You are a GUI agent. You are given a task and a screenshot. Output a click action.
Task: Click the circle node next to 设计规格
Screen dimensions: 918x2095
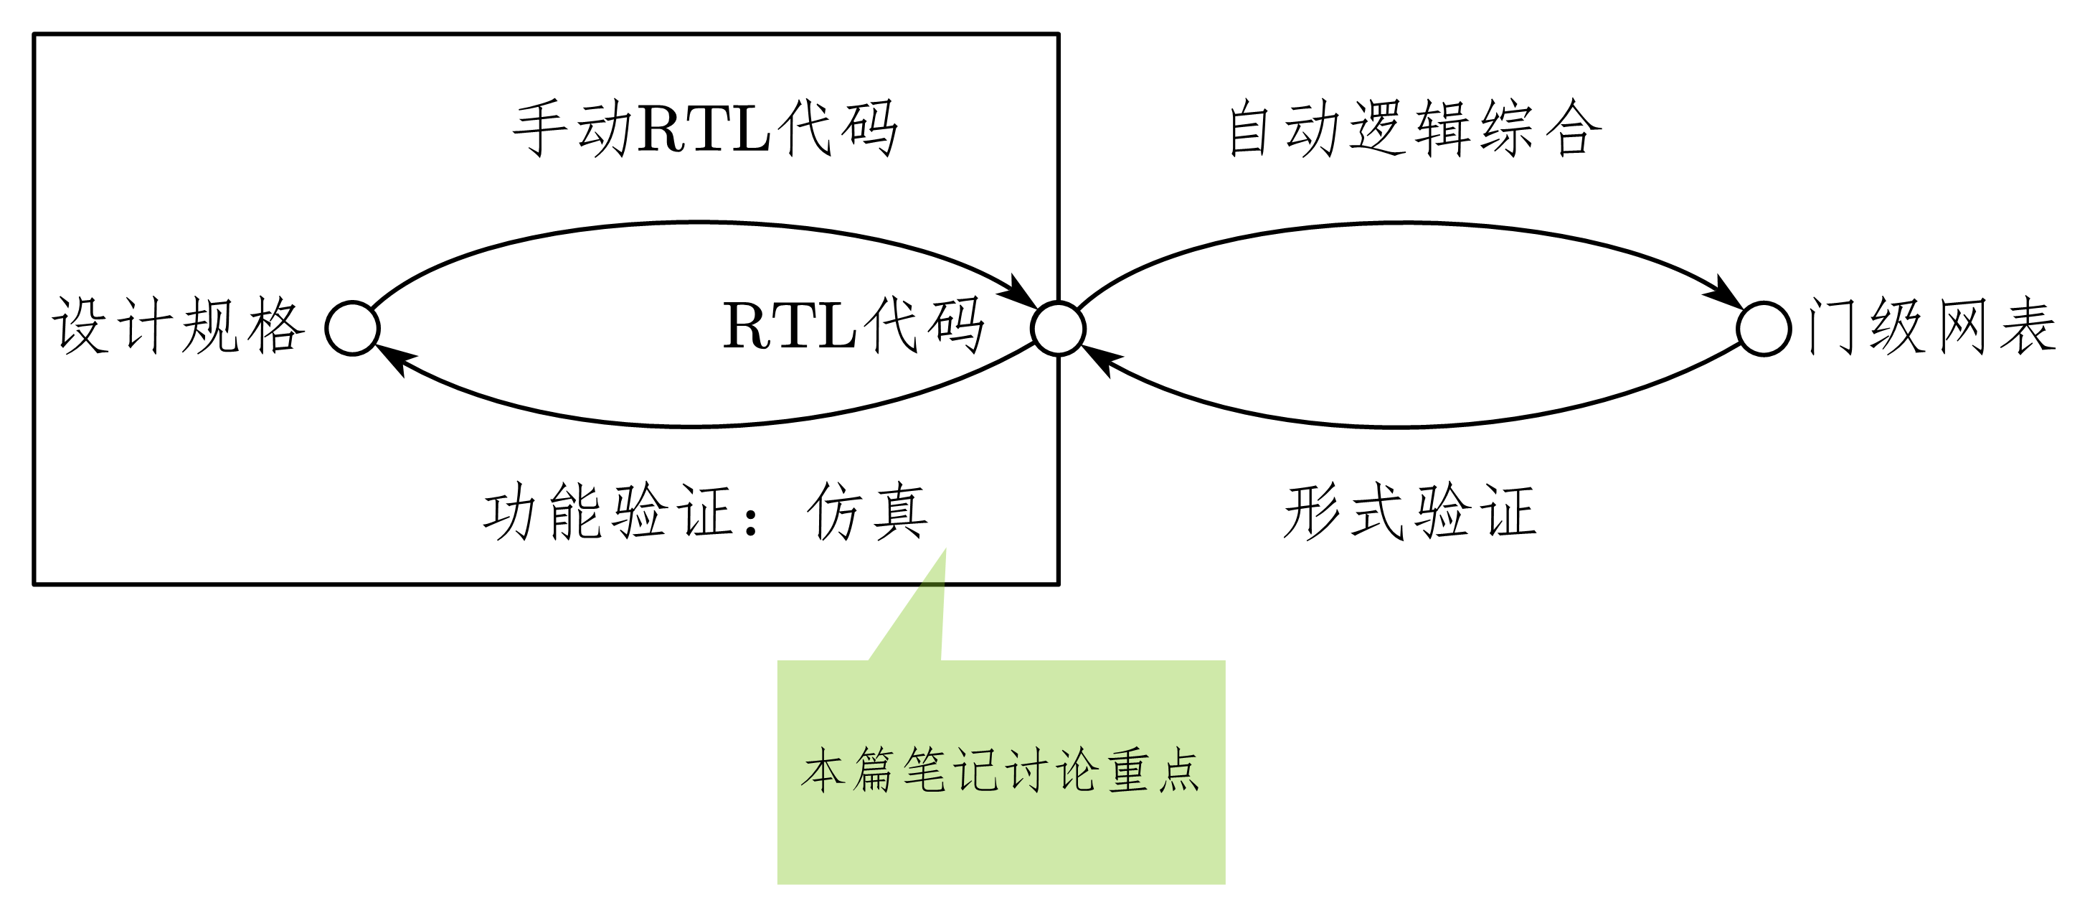tap(352, 328)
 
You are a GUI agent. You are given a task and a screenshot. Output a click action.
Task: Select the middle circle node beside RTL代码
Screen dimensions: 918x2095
tap(1057, 328)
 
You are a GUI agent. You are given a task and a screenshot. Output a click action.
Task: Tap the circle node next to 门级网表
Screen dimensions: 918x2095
tap(1763, 328)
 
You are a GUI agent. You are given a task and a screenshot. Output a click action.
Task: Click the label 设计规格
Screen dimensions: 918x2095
tap(179, 326)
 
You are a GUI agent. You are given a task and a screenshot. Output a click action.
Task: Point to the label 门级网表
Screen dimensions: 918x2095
tap(1932, 326)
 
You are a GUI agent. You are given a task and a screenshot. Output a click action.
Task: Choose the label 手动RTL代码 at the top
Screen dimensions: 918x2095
tap(706, 128)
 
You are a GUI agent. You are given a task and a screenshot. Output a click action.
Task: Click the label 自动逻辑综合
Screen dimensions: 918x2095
tap(1414, 128)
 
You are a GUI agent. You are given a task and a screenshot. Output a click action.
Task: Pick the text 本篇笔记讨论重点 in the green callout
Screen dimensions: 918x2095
tap(1001, 770)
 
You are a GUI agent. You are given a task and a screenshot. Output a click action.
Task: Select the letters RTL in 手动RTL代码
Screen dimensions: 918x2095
tap(704, 128)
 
